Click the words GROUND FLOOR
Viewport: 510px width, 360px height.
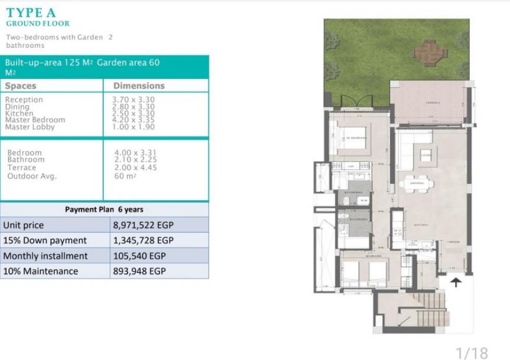tap(38, 24)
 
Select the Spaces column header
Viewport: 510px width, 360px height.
tap(21, 86)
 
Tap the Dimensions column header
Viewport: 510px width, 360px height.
tap(139, 86)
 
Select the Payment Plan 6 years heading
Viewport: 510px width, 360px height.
tap(104, 210)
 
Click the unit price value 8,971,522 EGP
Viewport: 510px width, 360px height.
tap(143, 225)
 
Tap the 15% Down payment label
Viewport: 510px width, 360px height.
tap(45, 241)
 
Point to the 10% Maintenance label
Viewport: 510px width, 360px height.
tap(41, 271)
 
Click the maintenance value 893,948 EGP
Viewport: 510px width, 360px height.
tap(139, 271)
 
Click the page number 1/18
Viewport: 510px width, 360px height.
tap(472, 352)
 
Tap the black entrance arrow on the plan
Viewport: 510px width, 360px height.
tap(456, 283)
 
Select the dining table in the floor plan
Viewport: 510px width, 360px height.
tap(416, 184)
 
